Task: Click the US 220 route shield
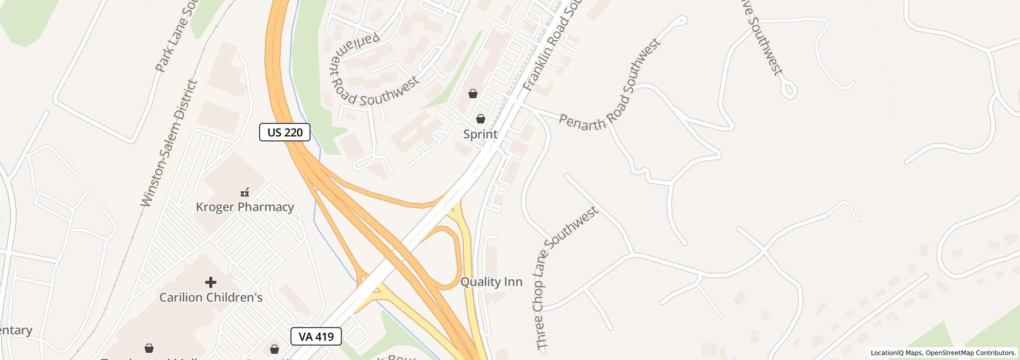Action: point(284,132)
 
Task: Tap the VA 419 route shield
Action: point(316,336)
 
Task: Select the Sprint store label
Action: point(480,134)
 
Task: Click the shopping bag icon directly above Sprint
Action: point(480,119)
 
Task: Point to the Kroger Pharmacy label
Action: point(245,207)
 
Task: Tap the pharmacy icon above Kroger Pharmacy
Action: point(245,192)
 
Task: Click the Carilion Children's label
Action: point(211,297)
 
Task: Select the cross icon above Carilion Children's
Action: point(210,282)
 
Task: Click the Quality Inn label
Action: point(491,282)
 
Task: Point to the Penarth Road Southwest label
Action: point(609,85)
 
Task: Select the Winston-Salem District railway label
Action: point(170,143)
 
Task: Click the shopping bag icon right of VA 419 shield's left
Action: point(275,349)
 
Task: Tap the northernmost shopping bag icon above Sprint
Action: point(472,94)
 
